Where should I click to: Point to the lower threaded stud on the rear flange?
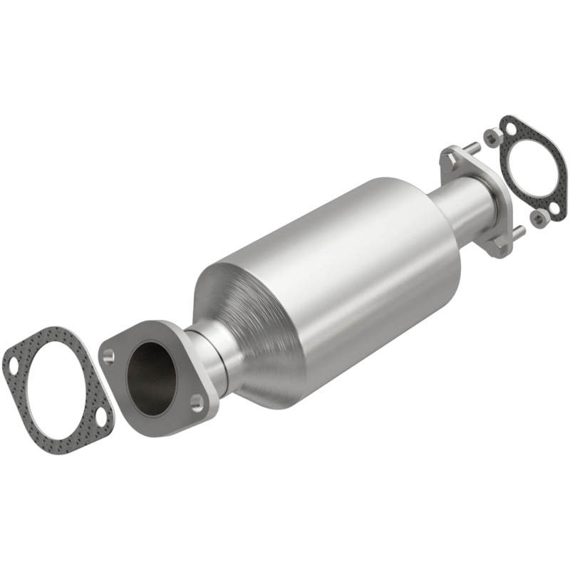pos(518,231)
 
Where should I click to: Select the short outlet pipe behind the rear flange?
pos(467,203)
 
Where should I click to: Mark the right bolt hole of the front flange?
pos(197,403)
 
